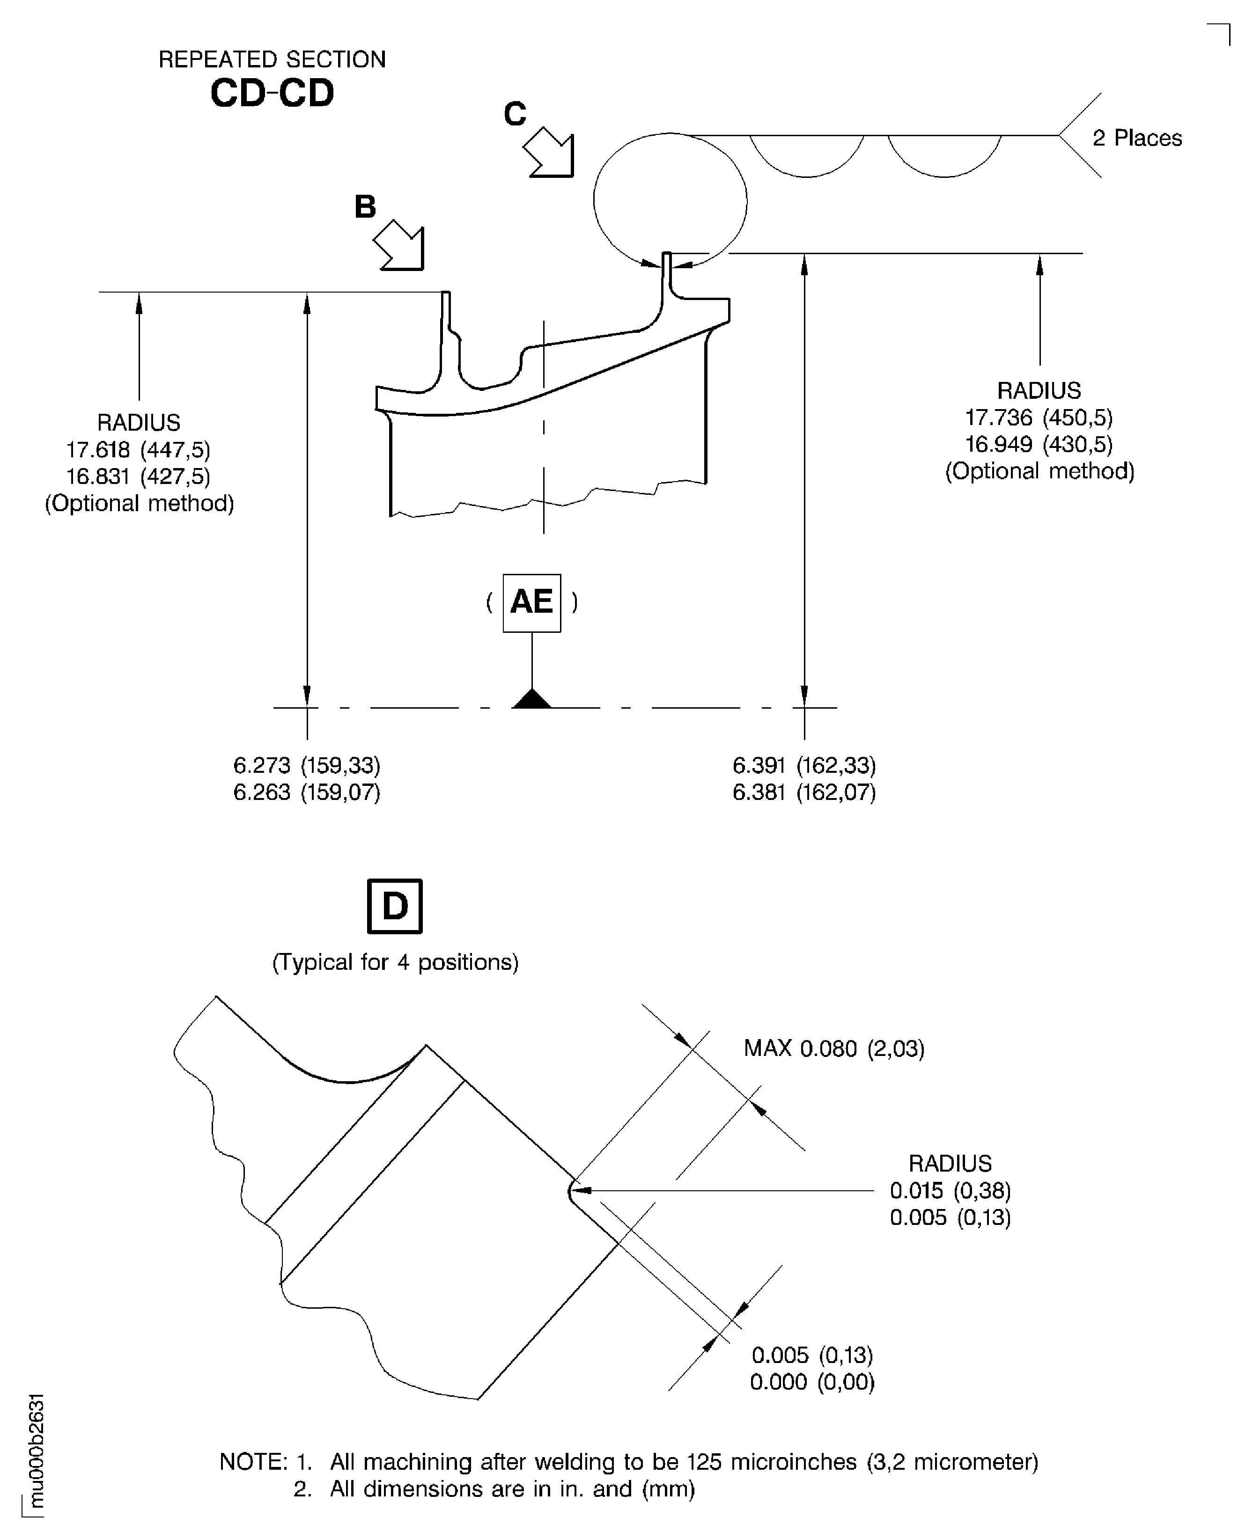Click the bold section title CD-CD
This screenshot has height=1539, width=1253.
272,93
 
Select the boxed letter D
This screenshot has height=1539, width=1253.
395,906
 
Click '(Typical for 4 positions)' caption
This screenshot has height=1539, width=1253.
395,962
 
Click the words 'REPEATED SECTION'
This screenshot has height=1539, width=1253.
272,59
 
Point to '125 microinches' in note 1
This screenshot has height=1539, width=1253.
771,1462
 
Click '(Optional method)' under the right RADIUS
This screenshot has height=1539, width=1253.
1039,471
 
